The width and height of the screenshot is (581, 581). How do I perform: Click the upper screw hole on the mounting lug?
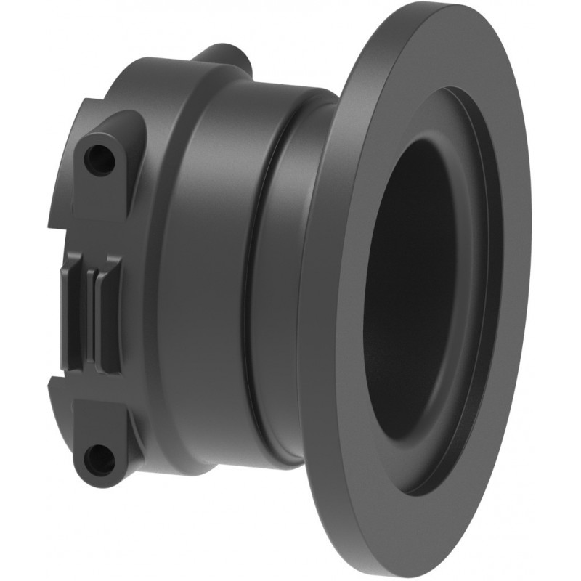pos(99,159)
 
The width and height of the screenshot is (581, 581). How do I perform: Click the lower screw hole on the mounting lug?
pos(99,458)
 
